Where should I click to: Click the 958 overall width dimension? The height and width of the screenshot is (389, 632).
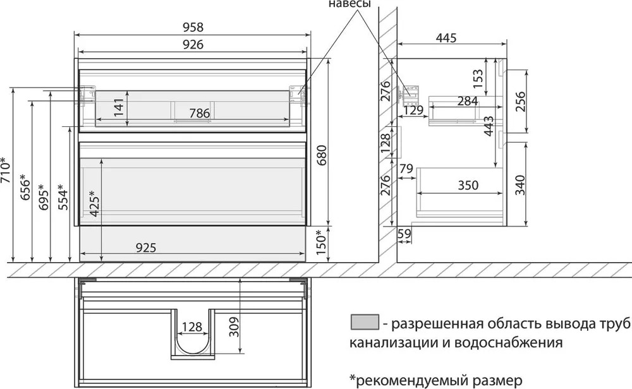pyautogui.click(x=193, y=27)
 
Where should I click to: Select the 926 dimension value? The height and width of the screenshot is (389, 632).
pyautogui.click(x=193, y=44)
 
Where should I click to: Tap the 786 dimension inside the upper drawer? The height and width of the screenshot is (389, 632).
pyautogui.click(x=200, y=113)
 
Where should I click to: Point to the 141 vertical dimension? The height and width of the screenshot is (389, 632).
pyautogui.click(x=119, y=107)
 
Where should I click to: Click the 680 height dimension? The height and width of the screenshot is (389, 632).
pyautogui.click(x=322, y=155)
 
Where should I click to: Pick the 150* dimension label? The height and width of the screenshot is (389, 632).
pyautogui.click(x=321, y=242)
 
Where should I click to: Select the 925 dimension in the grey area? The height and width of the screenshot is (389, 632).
pyautogui.click(x=145, y=248)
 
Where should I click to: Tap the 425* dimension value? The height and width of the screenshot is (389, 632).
pyautogui.click(x=95, y=203)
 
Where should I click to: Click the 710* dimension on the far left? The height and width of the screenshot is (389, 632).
pyautogui.click(x=6, y=170)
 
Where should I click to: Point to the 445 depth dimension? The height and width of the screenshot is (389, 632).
pyautogui.click(x=446, y=38)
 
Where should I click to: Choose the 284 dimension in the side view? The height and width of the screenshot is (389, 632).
pyautogui.click(x=468, y=101)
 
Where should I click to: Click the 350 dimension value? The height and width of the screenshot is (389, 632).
pyautogui.click(x=468, y=185)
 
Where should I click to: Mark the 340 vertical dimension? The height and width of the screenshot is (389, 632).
pyautogui.click(x=520, y=185)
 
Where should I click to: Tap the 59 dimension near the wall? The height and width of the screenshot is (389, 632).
pyautogui.click(x=404, y=233)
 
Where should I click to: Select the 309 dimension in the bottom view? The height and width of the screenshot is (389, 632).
pyautogui.click(x=234, y=327)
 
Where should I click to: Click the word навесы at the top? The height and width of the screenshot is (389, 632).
pyautogui.click(x=349, y=4)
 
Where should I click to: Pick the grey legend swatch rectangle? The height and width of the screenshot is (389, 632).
pyautogui.click(x=365, y=323)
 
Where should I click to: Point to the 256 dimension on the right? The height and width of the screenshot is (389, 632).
pyautogui.click(x=520, y=102)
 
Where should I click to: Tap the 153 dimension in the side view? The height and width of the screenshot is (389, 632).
pyautogui.click(x=477, y=79)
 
